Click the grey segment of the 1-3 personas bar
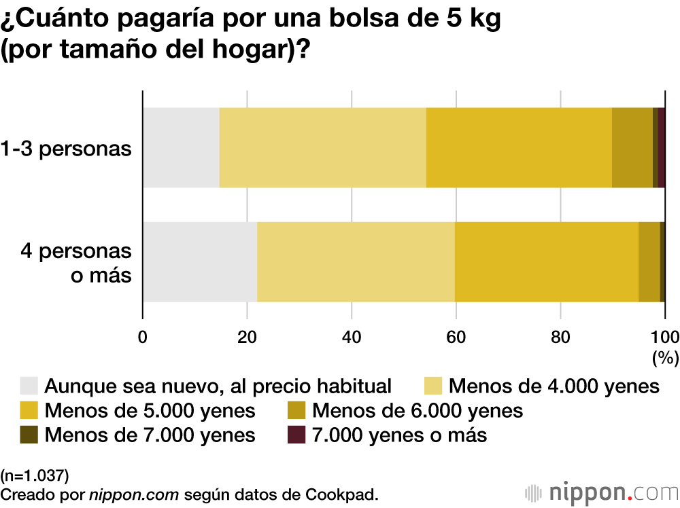181,147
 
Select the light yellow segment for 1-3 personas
322,147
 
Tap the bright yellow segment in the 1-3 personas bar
519,147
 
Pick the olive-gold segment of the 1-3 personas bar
632,147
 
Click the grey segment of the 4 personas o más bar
200,261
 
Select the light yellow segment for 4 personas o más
356,261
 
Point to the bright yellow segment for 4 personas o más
547,261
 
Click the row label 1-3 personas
66,148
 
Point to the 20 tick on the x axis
247,335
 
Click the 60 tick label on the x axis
456,335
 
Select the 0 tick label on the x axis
143,335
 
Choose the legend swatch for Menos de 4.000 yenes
433,386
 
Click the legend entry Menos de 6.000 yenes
417,410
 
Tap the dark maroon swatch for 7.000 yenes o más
296,435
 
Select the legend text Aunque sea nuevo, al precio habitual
218,386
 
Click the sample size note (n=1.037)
35,473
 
